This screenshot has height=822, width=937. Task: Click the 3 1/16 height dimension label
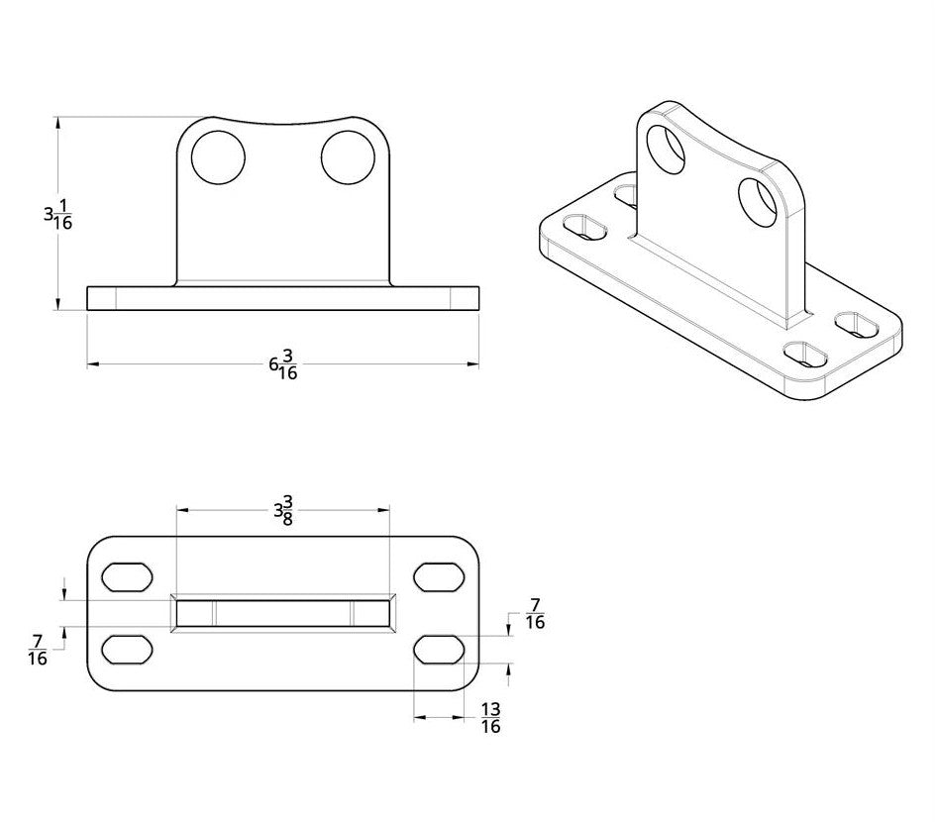[x=57, y=215]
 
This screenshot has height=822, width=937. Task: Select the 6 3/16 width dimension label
[x=283, y=364]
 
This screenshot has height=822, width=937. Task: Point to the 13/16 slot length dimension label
[x=489, y=718]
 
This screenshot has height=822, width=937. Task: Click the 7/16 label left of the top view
[x=38, y=651]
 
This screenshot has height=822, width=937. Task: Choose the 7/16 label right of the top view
[x=535, y=614]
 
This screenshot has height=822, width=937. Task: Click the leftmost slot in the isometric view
[x=585, y=227]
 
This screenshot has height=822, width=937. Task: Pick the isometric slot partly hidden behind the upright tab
[x=626, y=194]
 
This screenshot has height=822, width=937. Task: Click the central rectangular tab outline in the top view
[x=283, y=613]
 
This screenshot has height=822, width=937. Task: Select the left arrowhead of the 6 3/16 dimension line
[x=93, y=364]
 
